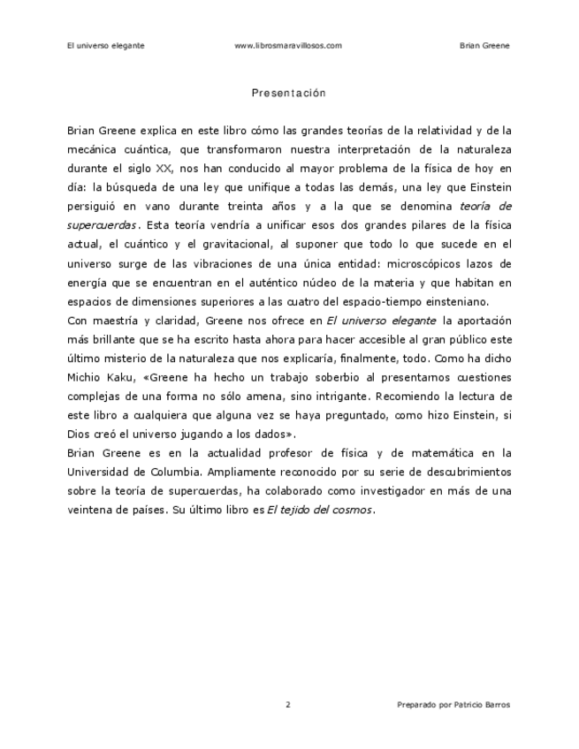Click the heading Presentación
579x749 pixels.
[289, 93]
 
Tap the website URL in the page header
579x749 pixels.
[288, 45]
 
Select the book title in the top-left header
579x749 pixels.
[105, 45]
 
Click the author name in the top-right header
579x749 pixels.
[485, 45]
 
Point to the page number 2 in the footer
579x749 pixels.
[288, 704]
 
